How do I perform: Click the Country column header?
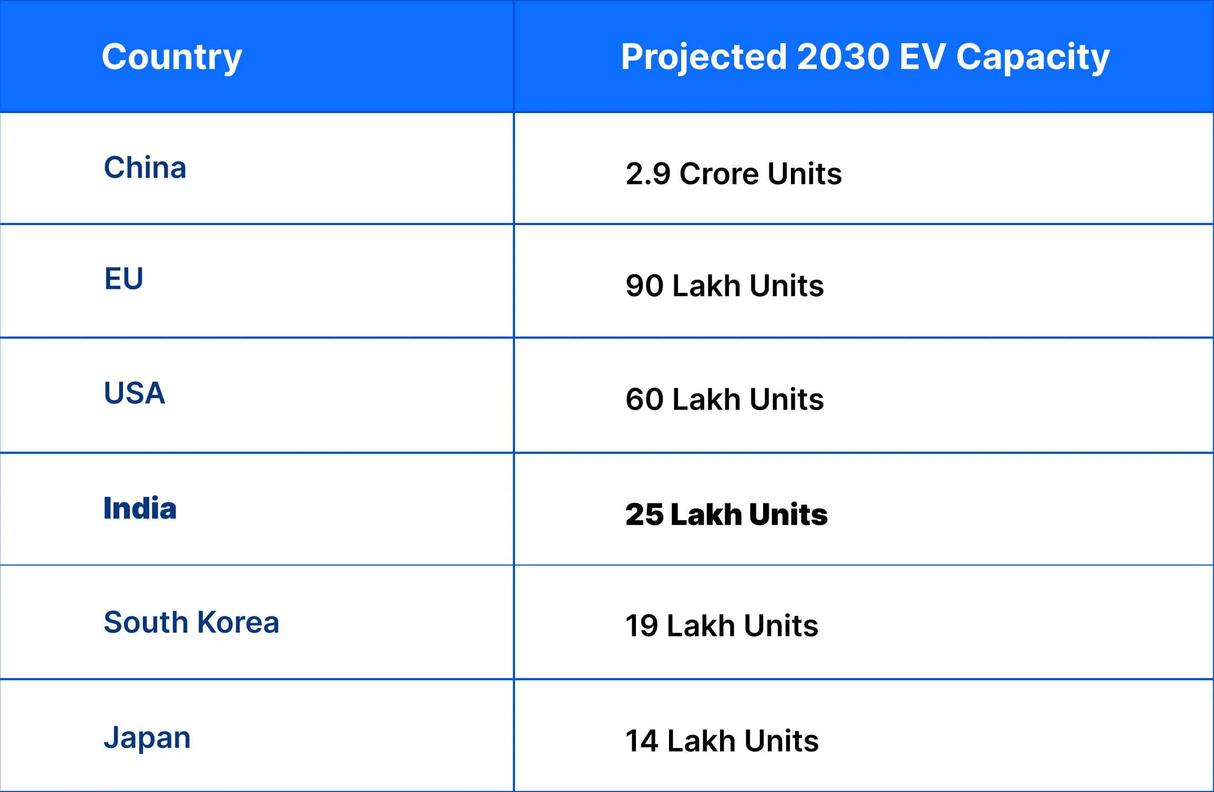click(171, 57)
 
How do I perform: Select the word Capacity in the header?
click(1032, 57)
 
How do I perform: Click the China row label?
click(145, 168)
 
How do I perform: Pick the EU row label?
click(124, 279)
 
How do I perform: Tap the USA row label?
click(135, 393)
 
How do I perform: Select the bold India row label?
click(140, 509)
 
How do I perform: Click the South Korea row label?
click(191, 623)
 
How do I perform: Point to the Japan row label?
click(147, 738)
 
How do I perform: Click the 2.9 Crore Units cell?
click(733, 174)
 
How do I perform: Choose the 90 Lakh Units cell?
click(724, 286)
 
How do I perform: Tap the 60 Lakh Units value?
click(724, 399)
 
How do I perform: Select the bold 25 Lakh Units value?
click(726, 514)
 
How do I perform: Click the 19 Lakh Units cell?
click(722, 626)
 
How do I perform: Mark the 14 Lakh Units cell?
click(722, 741)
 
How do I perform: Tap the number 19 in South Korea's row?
click(642, 626)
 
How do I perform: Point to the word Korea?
click(238, 623)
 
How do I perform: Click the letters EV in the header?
click(922, 57)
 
